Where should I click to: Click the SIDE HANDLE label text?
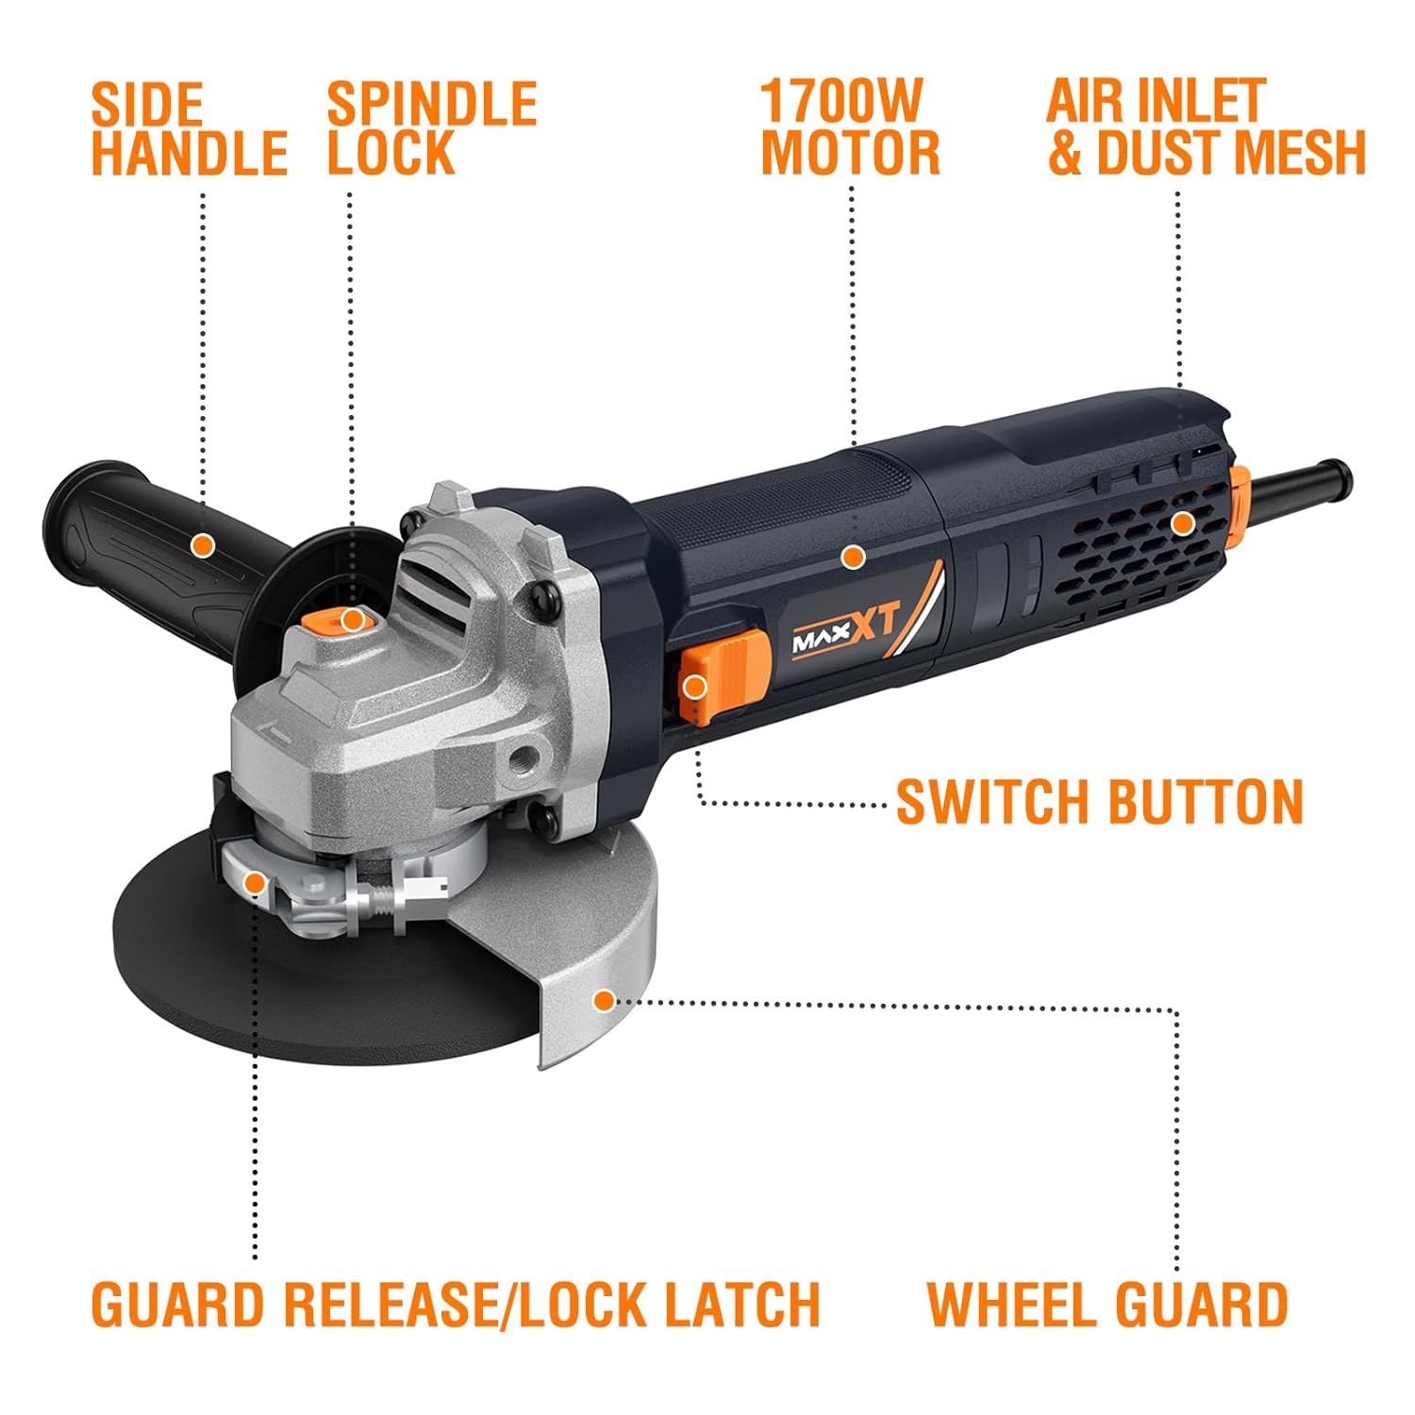[189, 129]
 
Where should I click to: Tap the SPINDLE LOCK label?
[431, 129]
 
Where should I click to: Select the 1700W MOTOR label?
[850, 129]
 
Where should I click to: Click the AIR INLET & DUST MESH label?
[1207, 129]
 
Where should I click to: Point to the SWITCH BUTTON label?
[1099, 802]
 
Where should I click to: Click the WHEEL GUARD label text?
[1107, 1305]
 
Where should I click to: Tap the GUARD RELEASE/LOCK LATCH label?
[456, 1305]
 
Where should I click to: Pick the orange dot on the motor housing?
[853, 558]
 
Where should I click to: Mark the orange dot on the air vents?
[1181, 524]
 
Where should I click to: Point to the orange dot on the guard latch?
[254, 884]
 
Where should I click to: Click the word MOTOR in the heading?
[850, 154]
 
